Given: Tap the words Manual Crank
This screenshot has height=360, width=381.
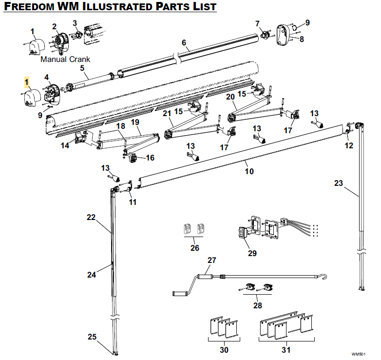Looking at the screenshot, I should pyautogui.click(x=65, y=60).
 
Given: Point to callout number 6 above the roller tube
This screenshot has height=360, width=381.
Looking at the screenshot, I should pyautogui.click(x=184, y=42).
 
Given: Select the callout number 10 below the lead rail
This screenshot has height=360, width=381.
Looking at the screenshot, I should pyautogui.click(x=249, y=171).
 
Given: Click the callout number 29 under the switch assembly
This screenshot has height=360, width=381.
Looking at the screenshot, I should pyautogui.click(x=252, y=253).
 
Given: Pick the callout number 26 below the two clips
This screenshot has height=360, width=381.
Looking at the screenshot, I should pyautogui.click(x=194, y=247).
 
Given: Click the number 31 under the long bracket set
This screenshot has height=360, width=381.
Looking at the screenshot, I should pyautogui.click(x=286, y=349).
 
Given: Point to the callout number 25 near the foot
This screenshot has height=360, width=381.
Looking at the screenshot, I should pyautogui.click(x=92, y=337).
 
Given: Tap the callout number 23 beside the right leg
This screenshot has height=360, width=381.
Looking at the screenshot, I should pyautogui.click(x=339, y=183).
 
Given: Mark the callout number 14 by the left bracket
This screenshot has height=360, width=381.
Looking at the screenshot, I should pyautogui.click(x=65, y=145).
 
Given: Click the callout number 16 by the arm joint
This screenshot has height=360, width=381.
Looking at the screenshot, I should pyautogui.click(x=150, y=158).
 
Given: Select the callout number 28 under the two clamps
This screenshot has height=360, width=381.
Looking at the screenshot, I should pyautogui.click(x=257, y=305).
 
